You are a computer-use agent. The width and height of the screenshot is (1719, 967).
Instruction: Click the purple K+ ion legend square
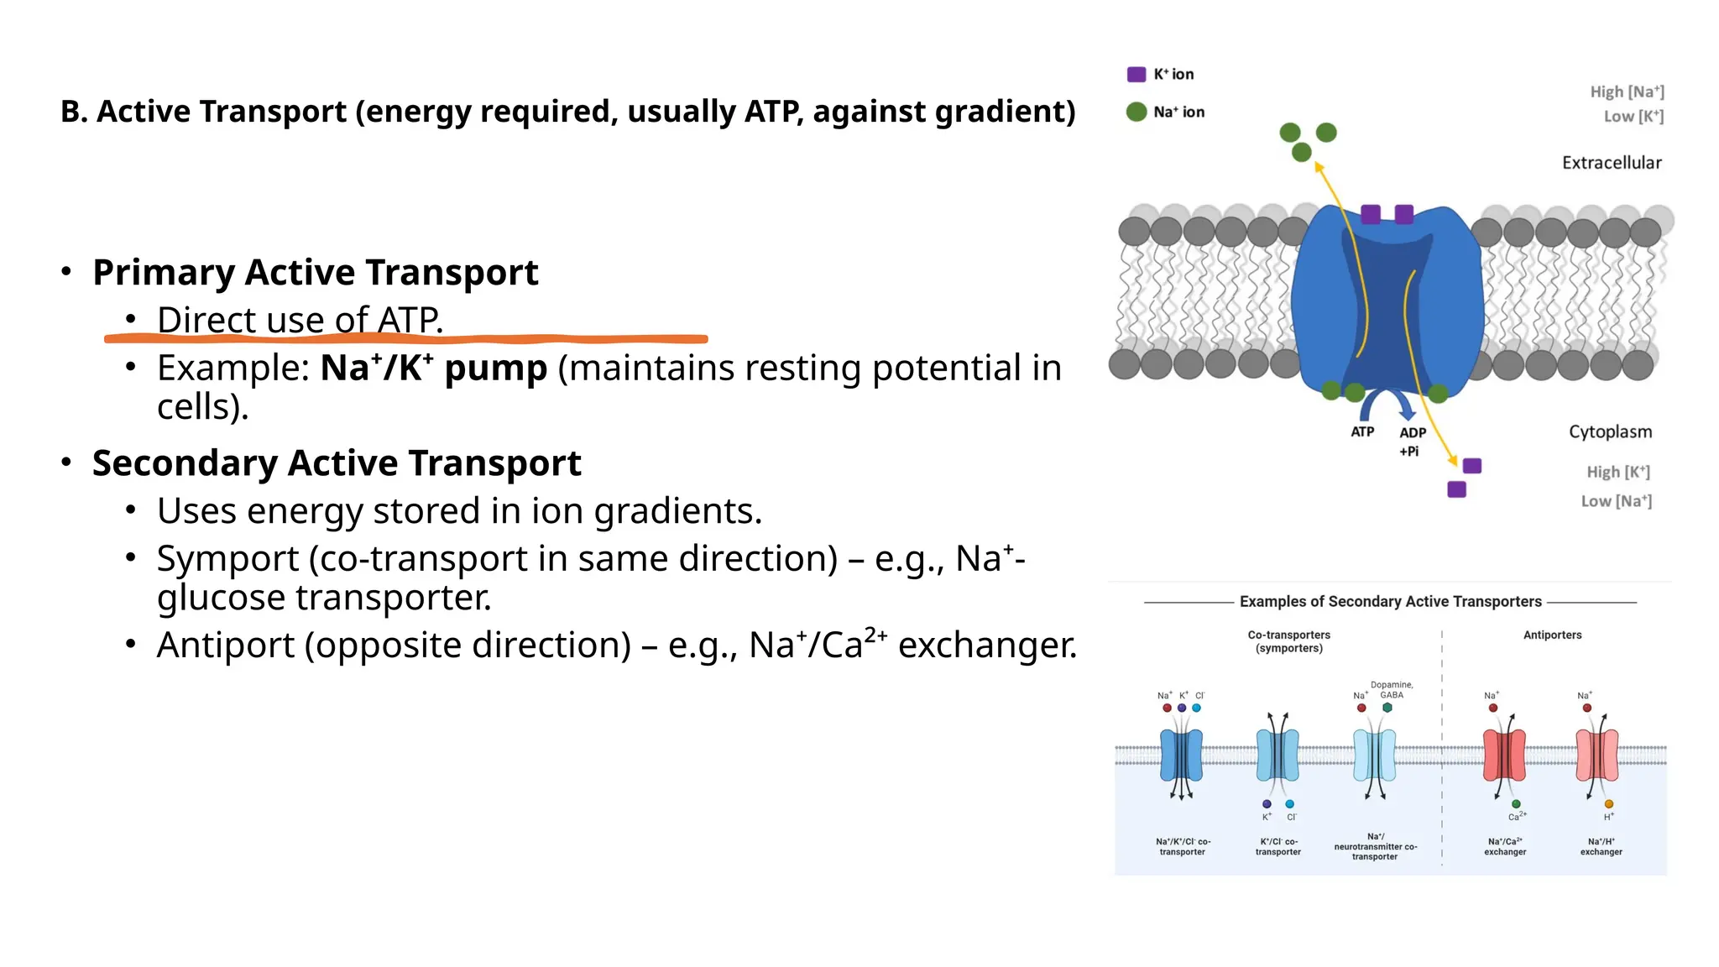[x=1136, y=74]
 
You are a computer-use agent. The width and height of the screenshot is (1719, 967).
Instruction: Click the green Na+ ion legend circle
[x=1136, y=112]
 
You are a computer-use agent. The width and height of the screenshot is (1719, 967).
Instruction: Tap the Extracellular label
[x=1612, y=163]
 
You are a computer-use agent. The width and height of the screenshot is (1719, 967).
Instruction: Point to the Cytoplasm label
[x=1610, y=431]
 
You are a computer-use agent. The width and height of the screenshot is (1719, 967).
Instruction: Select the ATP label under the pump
[x=1362, y=431]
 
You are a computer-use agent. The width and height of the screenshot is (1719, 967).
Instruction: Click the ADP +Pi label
[x=1412, y=442]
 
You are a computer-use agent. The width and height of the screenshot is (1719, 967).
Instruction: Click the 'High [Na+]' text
[x=1627, y=91]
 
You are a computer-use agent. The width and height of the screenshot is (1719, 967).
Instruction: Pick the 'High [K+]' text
[x=1617, y=472]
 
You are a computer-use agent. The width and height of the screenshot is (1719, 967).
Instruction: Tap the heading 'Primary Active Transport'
[x=316, y=272]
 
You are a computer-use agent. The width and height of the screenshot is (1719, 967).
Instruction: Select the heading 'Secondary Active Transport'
[x=337, y=463]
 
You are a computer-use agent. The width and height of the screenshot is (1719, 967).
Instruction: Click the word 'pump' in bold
[x=495, y=369]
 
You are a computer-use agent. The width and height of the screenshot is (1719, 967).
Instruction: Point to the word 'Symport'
[x=227, y=559]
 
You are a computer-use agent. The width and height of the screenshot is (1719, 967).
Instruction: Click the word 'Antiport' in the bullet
[x=226, y=646]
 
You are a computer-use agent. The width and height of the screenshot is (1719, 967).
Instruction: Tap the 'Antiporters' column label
[x=1552, y=635]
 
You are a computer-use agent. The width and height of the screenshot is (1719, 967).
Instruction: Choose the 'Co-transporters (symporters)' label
[x=1288, y=641]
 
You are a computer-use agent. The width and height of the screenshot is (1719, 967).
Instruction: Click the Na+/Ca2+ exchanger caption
[x=1505, y=846]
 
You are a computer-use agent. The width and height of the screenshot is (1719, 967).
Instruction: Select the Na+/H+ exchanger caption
[x=1601, y=846]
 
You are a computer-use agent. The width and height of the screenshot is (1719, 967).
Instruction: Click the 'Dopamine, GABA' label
[x=1392, y=689]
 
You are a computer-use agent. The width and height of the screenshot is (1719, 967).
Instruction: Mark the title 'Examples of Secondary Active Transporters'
[x=1390, y=602]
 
